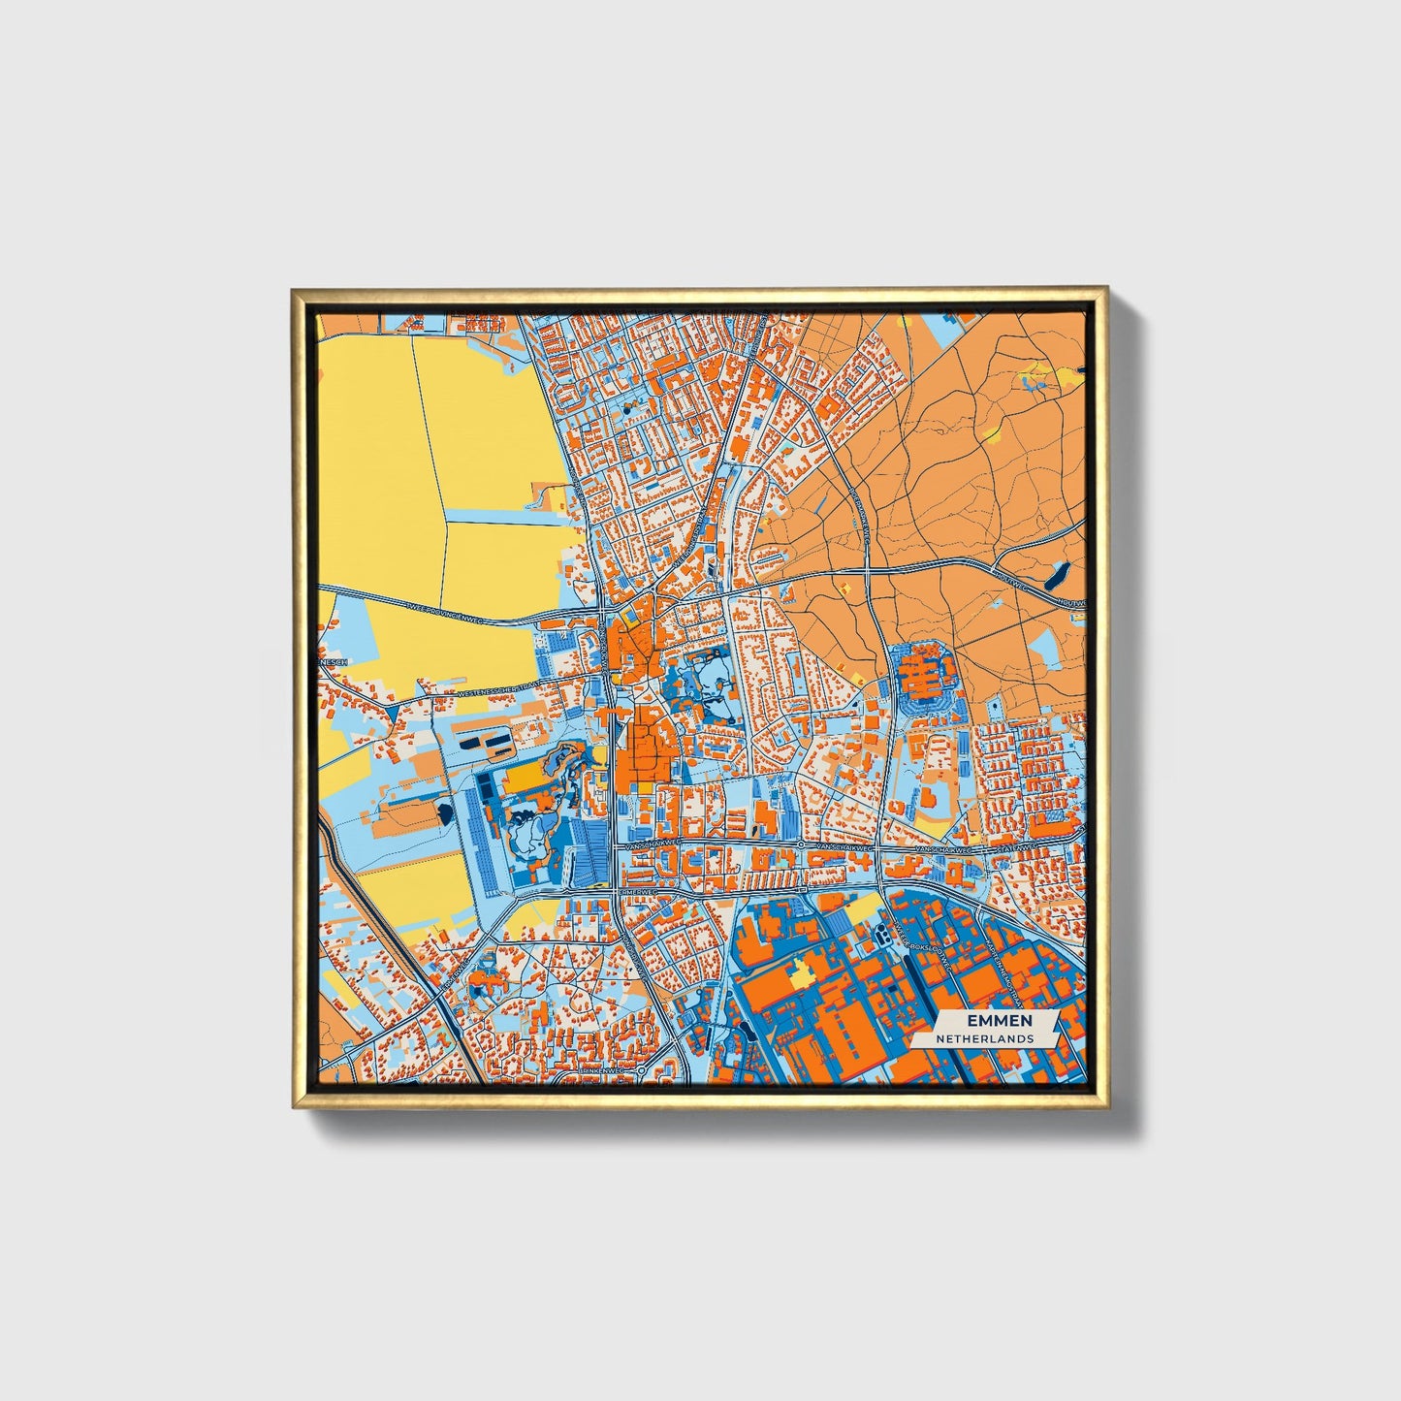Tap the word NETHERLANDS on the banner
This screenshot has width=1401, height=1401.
[x=984, y=1038]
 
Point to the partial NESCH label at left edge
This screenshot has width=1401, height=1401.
[x=334, y=662]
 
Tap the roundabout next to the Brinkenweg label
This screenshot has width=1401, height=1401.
[x=642, y=1069]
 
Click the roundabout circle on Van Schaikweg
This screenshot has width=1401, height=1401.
[x=801, y=845]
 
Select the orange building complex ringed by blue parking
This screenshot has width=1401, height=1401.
[x=922, y=671]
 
